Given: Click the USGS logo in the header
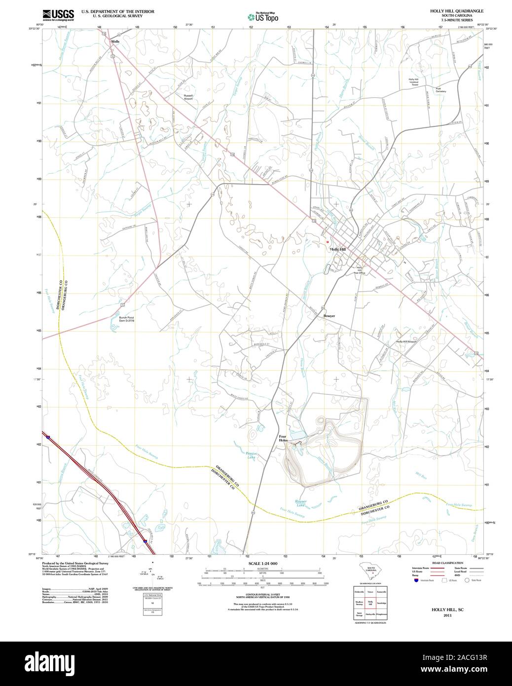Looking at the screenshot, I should coord(58,14).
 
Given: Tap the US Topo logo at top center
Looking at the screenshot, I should coord(263,17).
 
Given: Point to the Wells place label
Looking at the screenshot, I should coord(115,41).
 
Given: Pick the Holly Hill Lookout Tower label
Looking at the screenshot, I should coord(413,82).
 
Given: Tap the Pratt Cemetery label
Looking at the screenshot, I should coord(440,90).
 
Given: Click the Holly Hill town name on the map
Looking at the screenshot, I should coord(338,249).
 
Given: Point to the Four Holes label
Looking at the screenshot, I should coord(283,438).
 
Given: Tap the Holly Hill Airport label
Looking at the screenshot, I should coord(406,342).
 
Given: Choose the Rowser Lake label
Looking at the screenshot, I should coord(300,503).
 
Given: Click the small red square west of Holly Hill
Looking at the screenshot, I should coord(327,242).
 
